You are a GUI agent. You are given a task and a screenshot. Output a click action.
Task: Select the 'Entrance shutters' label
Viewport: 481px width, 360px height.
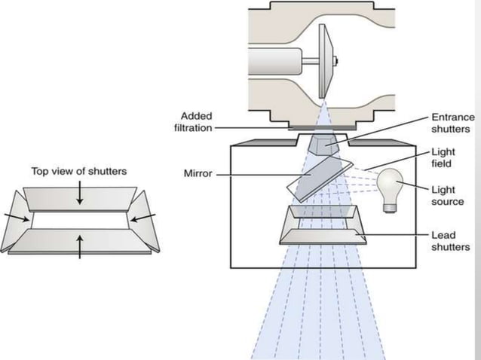point(452,122)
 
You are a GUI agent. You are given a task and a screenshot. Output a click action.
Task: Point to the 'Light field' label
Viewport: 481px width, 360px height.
point(443,157)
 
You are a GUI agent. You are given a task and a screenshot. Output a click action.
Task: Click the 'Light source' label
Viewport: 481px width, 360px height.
point(447,196)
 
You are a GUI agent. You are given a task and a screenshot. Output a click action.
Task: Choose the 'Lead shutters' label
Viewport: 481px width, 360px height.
point(449,241)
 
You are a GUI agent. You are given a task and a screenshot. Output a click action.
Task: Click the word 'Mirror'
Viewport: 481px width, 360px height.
point(197,173)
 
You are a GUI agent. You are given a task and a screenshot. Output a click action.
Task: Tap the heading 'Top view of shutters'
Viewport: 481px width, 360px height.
point(78,171)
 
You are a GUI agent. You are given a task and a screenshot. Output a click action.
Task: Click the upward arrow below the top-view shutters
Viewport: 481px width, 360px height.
point(80,246)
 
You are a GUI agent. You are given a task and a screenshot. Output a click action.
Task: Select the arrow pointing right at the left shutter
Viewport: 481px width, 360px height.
point(16,218)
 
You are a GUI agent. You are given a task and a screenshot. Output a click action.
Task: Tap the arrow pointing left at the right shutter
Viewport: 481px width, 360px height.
point(143,218)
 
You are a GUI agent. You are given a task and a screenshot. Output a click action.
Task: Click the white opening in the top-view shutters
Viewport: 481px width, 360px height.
point(80,220)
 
